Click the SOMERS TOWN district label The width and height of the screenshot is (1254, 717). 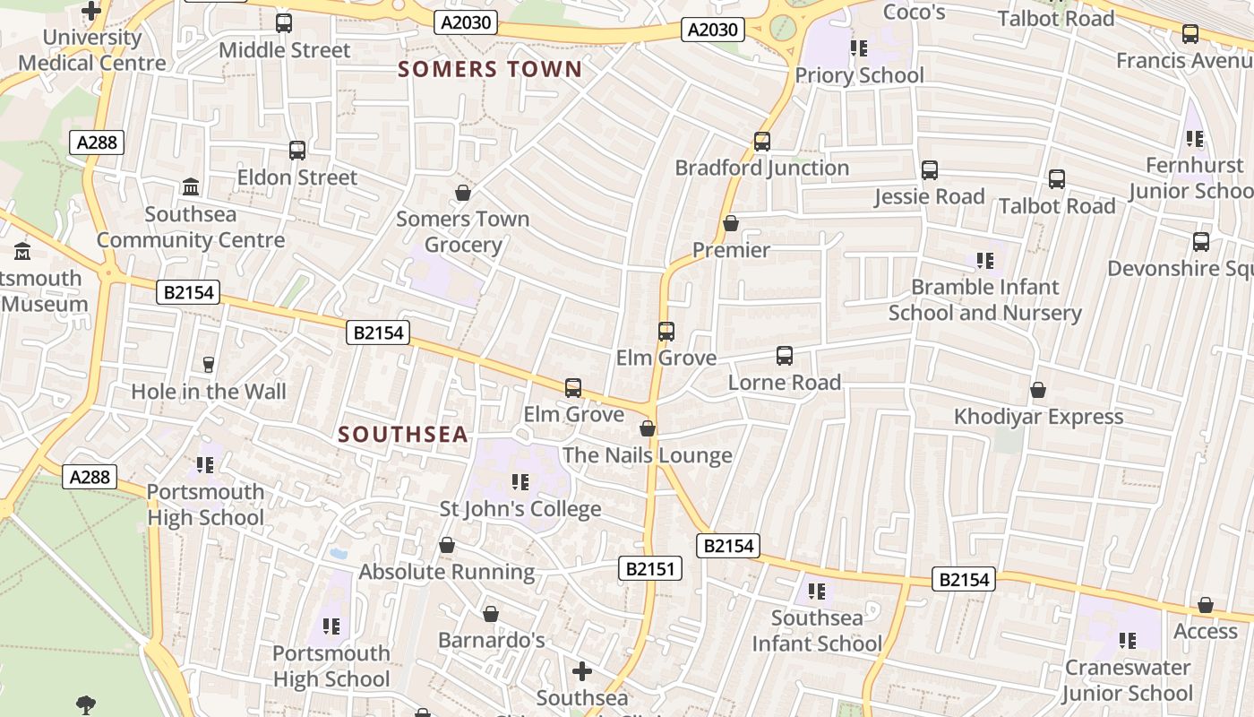click(490, 69)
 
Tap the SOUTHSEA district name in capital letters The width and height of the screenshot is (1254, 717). click(403, 435)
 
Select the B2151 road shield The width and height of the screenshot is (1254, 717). click(650, 568)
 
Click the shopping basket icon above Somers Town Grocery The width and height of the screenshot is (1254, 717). click(463, 193)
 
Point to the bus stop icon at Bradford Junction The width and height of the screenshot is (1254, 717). click(762, 142)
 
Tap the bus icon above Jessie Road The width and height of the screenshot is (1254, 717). click(930, 170)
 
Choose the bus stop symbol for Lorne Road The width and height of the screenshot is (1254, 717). click(785, 356)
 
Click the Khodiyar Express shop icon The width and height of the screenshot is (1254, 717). click(1038, 390)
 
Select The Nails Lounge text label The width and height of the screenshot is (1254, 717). click(648, 455)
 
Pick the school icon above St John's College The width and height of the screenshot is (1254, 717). click(520, 482)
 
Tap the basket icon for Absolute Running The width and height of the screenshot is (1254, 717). click(447, 545)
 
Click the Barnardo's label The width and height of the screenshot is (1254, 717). click(491, 640)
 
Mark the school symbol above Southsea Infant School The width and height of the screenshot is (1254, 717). click(817, 591)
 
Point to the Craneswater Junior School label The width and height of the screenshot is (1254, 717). click(1127, 680)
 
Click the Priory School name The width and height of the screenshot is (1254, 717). click(859, 75)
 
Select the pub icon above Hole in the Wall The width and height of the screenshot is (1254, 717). click(209, 364)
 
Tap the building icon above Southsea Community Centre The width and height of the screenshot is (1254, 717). click(191, 187)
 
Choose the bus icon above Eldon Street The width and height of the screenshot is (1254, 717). click(297, 151)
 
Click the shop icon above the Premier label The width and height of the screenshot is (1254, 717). click(731, 223)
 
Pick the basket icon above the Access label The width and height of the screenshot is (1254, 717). click(1206, 605)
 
